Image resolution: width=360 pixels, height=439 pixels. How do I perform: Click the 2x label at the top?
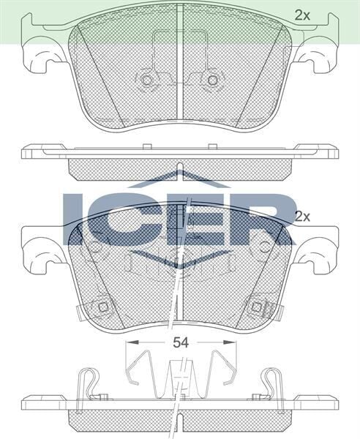(x=302, y=14)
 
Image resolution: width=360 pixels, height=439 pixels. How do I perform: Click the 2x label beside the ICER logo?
(x=302, y=217)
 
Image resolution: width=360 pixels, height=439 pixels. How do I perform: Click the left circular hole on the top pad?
(x=146, y=80)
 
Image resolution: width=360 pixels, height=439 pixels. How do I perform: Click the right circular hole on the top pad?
(x=213, y=80)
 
